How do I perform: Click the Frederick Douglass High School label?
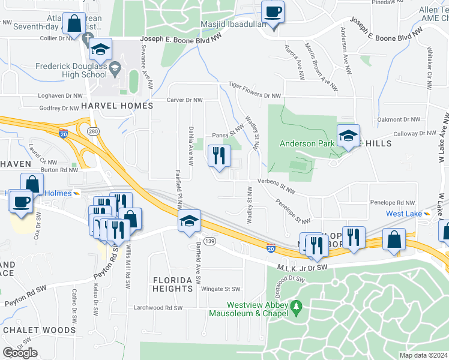[x=71, y=70]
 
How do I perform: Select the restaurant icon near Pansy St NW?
[x=219, y=156]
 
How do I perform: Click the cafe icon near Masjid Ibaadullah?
[x=273, y=12]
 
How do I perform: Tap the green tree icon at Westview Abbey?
[x=295, y=308]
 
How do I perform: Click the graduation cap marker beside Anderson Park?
[x=347, y=136]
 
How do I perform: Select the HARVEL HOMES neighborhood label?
[x=117, y=105]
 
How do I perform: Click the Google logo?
[x=20, y=353]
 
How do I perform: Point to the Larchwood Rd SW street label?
[x=157, y=308]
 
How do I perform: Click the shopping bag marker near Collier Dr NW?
[x=74, y=25]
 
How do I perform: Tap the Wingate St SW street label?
[x=220, y=289]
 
